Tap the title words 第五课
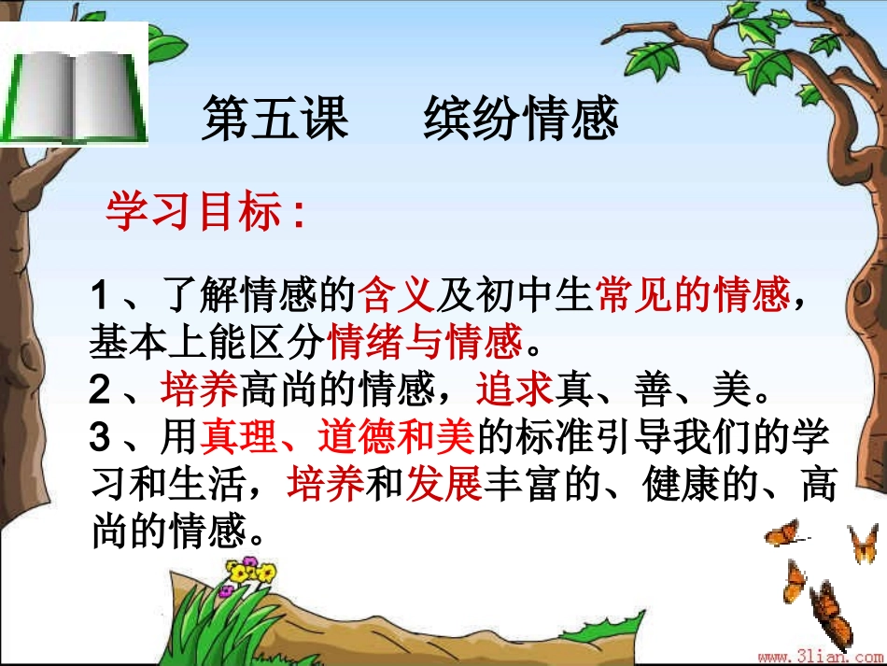274,120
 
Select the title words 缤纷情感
521,120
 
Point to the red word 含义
397,297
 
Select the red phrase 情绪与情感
425,343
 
